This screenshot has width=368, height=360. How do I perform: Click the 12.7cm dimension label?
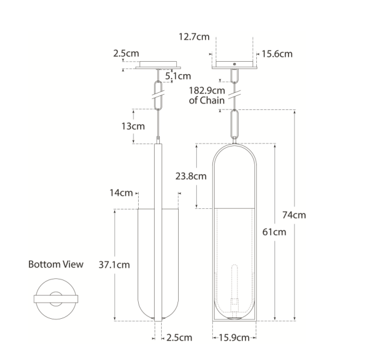[194, 37]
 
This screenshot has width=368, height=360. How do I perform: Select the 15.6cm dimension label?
[277, 54]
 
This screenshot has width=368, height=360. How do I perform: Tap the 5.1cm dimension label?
[178, 76]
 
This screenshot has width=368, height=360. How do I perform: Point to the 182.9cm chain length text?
[207, 91]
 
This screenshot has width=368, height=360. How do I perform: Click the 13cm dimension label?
[133, 126]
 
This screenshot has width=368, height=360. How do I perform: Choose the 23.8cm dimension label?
[191, 176]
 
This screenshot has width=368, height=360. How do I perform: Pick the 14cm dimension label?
[121, 193]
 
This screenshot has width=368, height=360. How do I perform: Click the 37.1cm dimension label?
[114, 265]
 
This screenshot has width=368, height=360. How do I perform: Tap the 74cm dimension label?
[294, 215]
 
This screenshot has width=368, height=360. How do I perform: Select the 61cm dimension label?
[274, 232]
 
